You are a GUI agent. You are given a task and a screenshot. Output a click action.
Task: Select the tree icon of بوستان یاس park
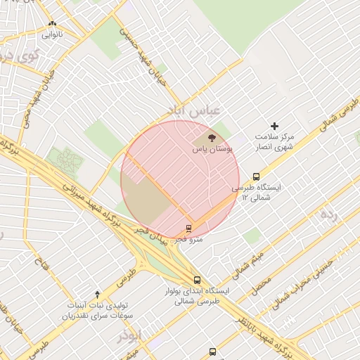point(212,138)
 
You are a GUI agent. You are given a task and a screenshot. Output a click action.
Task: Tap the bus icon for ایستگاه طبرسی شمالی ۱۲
point(256,177)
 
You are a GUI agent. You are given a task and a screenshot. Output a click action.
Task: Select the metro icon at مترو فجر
point(188,229)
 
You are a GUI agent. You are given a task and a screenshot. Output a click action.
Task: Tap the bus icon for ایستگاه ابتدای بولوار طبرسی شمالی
point(197,279)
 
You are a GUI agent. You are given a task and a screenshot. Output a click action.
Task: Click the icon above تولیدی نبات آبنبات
point(97,293)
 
